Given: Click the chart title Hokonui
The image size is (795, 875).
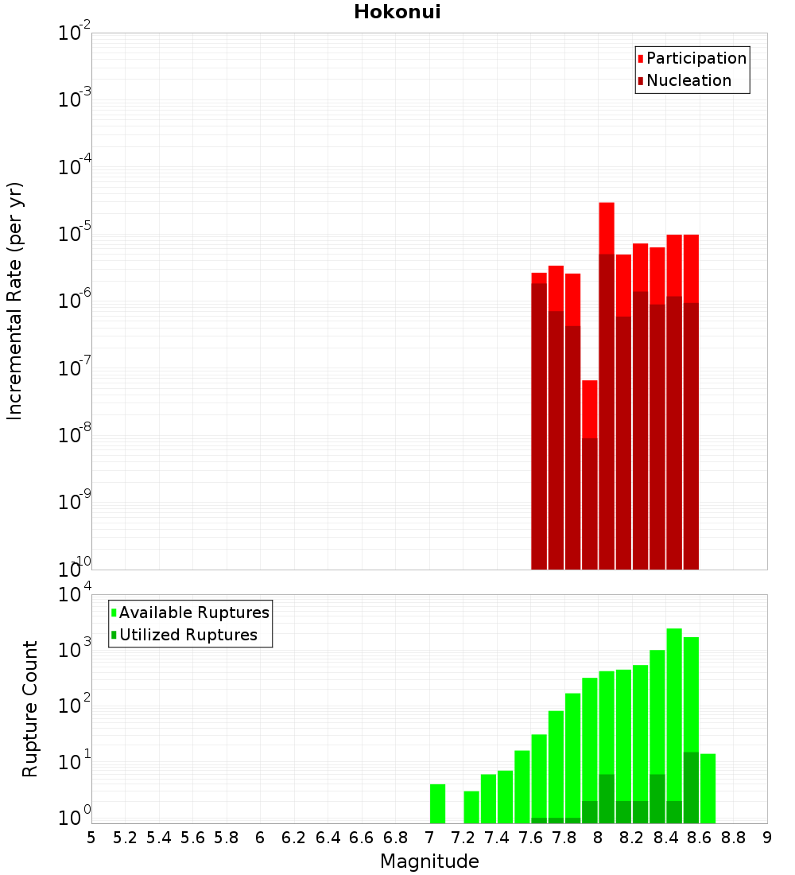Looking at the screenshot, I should [397, 12].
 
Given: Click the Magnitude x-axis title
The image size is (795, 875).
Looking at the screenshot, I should [429, 861].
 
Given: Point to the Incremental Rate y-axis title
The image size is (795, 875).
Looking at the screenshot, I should [15, 301].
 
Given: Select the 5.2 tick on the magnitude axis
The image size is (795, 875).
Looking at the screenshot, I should [125, 838].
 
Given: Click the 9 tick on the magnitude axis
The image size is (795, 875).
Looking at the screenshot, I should [767, 838].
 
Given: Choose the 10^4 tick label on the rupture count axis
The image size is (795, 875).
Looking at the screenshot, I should [75, 595].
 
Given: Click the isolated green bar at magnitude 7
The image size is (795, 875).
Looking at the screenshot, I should [437, 803].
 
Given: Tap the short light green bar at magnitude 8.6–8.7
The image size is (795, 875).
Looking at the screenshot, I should [708, 787].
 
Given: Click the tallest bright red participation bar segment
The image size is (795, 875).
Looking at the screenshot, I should [607, 227].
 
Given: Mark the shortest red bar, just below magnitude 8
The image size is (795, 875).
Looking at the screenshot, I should [589, 409].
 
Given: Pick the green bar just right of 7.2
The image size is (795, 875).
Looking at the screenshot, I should [471, 807].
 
